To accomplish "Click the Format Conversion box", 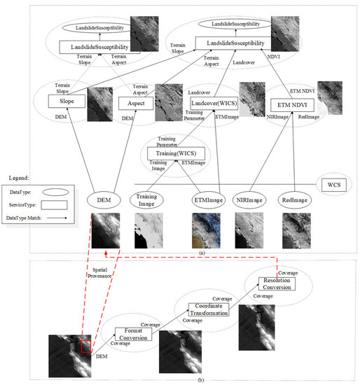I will click(132, 334).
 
